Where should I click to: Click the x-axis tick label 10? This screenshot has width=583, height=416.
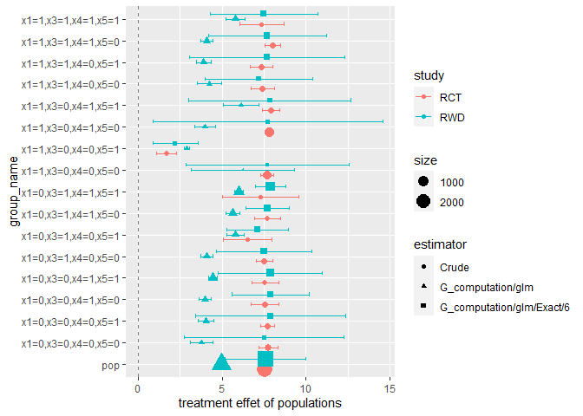click(x=305, y=389)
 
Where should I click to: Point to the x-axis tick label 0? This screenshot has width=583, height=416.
click(x=138, y=389)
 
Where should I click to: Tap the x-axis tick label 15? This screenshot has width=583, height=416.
click(x=389, y=389)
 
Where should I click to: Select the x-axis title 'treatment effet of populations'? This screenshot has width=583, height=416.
click(x=259, y=404)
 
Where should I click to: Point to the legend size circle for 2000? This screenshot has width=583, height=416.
click(x=424, y=202)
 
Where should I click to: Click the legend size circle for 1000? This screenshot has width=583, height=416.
click(x=424, y=182)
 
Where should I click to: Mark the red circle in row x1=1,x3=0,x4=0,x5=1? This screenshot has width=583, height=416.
click(x=167, y=153)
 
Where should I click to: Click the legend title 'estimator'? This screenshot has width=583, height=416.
click(x=441, y=245)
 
